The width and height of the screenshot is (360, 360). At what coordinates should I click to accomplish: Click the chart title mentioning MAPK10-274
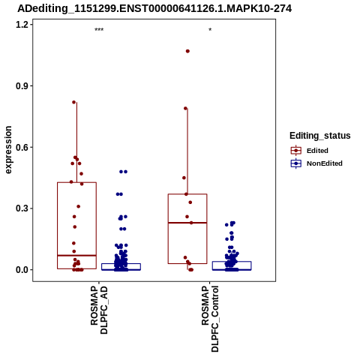(x=154, y=9)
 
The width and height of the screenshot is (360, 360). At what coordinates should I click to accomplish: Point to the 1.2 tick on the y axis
(x=21, y=25)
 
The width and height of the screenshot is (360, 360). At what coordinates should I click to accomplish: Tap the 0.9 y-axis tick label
(x=21, y=86)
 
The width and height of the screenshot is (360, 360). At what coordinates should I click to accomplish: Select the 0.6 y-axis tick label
(x=21, y=147)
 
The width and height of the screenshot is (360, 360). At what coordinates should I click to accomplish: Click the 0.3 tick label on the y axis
(x=21, y=208)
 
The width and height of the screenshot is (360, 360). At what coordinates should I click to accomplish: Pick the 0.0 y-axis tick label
(x=21, y=270)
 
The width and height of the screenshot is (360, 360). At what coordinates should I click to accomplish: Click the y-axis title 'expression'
(x=8, y=150)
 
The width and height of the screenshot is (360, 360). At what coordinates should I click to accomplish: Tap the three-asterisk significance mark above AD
(x=99, y=30)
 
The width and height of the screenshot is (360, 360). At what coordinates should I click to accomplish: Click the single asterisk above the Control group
(x=210, y=30)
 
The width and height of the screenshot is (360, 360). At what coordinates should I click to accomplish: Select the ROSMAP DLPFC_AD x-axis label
(x=99, y=310)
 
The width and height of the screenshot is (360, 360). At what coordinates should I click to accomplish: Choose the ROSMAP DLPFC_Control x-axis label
(x=210, y=319)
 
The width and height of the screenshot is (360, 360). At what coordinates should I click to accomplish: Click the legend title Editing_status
(x=320, y=136)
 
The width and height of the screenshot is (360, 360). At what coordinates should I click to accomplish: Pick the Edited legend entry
(x=310, y=151)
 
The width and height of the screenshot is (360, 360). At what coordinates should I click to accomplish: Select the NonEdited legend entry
(x=316, y=163)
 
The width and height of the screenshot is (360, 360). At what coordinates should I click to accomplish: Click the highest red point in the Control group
(x=187, y=51)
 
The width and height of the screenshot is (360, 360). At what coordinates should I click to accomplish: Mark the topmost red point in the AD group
(x=74, y=102)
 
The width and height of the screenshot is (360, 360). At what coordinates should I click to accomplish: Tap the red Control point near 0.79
(x=185, y=109)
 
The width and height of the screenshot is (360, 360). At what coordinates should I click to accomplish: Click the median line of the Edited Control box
(x=187, y=223)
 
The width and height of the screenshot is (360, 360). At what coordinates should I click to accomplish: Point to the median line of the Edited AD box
(x=76, y=256)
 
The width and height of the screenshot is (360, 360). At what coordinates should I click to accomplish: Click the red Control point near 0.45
(x=184, y=178)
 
